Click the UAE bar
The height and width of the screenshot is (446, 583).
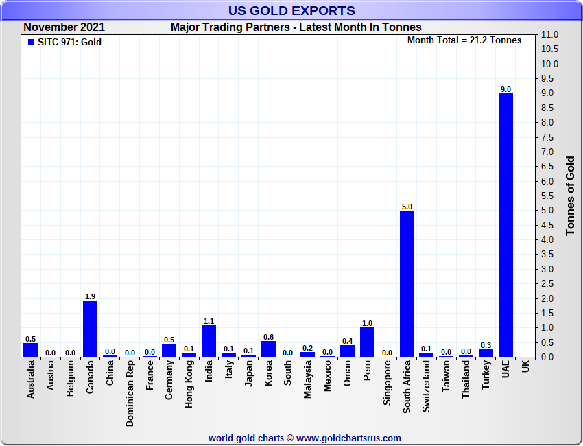click(x=505, y=225)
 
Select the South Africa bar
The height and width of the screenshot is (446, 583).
click(x=407, y=283)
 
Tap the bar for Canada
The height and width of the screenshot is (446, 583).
click(x=90, y=329)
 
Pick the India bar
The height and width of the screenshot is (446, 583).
click(x=209, y=340)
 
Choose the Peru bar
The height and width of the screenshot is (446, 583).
click(x=367, y=342)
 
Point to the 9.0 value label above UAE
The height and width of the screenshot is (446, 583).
click(x=505, y=89)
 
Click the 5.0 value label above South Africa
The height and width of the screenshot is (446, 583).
click(x=407, y=207)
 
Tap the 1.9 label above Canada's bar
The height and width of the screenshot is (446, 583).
click(x=90, y=296)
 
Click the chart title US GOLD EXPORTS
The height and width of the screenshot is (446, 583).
click(x=291, y=11)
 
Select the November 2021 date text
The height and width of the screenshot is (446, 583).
click(x=64, y=27)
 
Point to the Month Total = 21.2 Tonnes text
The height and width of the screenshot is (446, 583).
click(x=464, y=40)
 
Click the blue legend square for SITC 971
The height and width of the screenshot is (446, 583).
click(x=31, y=42)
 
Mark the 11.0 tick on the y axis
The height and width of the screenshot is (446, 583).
click(x=550, y=35)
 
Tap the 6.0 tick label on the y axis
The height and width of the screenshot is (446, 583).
click(x=550, y=181)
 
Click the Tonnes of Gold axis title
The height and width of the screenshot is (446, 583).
click(x=570, y=196)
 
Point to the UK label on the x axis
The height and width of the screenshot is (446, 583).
click(x=525, y=368)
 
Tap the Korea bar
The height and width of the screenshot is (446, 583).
click(x=268, y=349)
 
